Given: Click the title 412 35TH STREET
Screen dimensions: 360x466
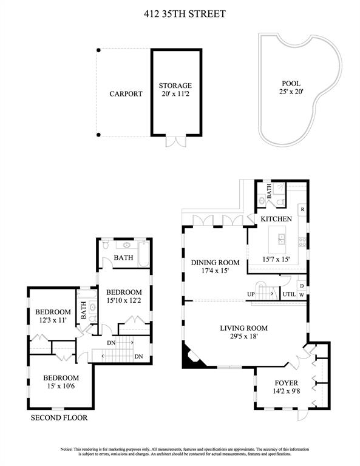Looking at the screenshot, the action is pos(185,14).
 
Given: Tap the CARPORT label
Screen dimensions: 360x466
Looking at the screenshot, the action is pos(126,94).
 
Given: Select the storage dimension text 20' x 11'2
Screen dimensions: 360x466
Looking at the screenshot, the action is pos(175,94).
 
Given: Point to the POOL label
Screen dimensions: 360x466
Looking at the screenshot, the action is pos(291,84).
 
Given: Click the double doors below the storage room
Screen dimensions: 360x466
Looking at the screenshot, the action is pos(176,142).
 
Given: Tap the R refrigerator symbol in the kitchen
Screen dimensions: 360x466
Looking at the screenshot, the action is pos(302,209).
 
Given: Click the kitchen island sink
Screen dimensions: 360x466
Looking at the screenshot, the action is pos(281,239).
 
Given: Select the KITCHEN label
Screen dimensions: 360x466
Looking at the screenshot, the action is pos(276,219).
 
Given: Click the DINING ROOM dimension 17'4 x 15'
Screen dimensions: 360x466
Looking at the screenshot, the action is pos(215,271).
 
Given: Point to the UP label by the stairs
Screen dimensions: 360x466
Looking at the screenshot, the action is pos(251,294).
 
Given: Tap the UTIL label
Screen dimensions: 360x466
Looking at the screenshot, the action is pos(289,294).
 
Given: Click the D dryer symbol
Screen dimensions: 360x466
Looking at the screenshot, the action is pos(302,286).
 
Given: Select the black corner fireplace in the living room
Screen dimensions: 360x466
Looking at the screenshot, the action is pos(192,357).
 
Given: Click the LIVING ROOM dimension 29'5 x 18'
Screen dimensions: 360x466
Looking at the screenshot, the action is pos(243,336).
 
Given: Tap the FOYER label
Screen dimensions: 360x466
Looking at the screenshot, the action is pos(287,383).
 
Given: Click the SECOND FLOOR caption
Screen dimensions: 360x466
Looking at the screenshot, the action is pos(59,418).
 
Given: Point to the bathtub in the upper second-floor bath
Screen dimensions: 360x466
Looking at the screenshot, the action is pos(144,254).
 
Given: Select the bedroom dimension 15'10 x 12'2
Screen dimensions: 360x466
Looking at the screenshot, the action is pos(124,300).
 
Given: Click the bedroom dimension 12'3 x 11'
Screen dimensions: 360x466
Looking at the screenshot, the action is pos(53,320).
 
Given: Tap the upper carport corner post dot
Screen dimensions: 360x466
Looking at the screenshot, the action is pos(99,50).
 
